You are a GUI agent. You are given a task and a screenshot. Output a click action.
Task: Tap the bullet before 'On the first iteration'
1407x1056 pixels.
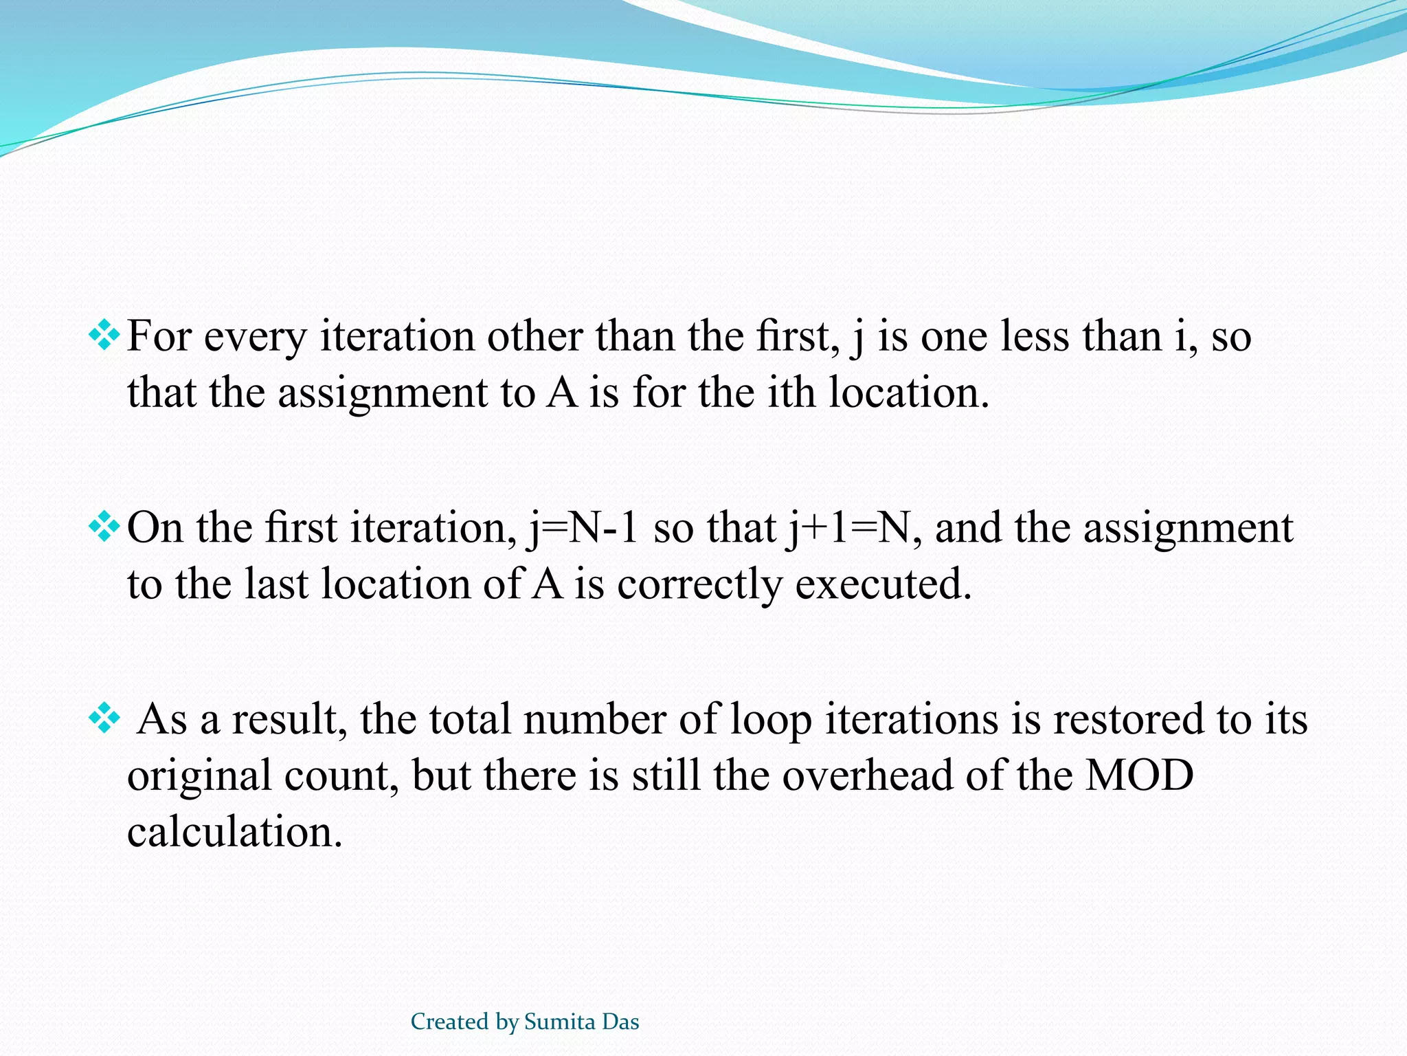(104, 528)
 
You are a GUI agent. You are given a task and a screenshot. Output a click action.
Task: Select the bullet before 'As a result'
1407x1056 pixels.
(104, 719)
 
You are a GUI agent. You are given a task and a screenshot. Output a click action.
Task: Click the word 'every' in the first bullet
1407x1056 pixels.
(255, 338)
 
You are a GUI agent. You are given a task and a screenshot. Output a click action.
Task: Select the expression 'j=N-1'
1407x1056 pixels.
(583, 529)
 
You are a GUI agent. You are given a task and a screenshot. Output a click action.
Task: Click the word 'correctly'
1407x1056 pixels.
(699, 586)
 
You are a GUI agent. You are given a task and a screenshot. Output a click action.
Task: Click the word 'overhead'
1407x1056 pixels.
(868, 775)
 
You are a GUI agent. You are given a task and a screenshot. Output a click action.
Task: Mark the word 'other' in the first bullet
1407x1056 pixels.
(535, 337)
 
